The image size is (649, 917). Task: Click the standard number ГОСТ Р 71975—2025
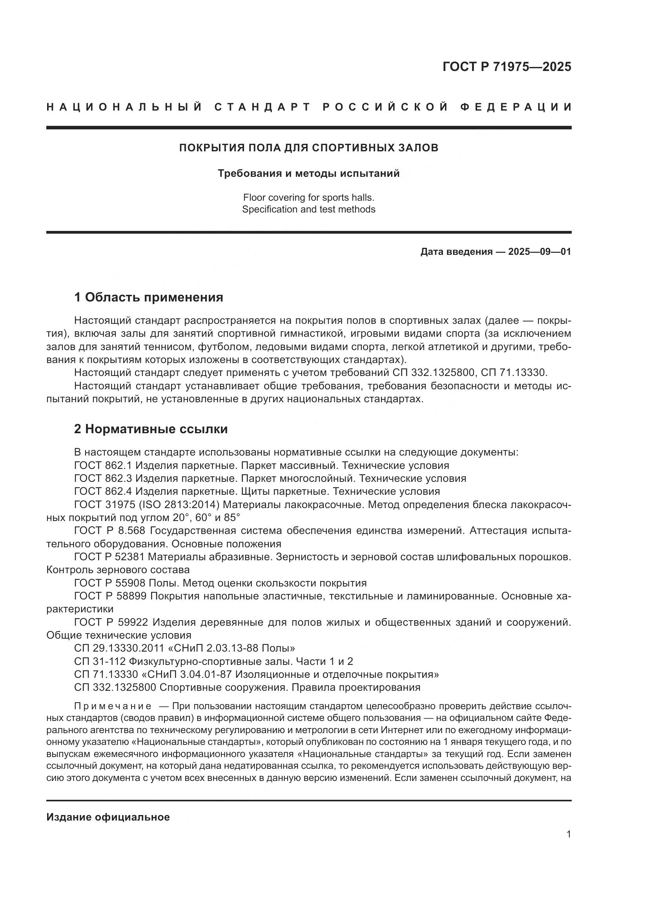tap(506, 67)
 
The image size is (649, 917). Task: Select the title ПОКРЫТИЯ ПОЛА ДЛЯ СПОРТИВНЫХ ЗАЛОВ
tap(308, 148)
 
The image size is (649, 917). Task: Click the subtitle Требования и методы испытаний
tap(308, 173)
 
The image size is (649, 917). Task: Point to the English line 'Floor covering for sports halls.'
tap(308, 197)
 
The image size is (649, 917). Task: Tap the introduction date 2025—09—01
tap(540, 252)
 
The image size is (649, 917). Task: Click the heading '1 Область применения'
tap(148, 297)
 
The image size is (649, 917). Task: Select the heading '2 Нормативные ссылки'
tap(151, 429)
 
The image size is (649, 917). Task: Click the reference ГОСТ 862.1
tap(103, 465)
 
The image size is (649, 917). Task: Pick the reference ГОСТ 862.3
tap(103, 478)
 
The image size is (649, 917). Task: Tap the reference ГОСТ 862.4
tap(103, 491)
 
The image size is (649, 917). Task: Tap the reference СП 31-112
tap(99, 661)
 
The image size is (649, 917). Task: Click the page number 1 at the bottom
tap(569, 834)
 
